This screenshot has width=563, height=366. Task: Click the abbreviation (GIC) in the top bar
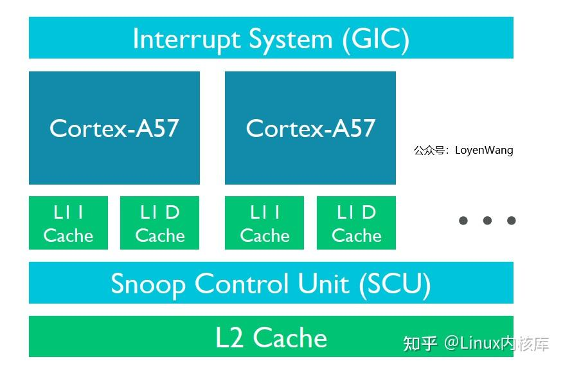click(376, 39)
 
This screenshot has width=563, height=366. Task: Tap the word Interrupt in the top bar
click(187, 39)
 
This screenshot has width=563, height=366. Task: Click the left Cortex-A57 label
click(114, 128)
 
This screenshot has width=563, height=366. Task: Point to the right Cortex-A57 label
click(310, 128)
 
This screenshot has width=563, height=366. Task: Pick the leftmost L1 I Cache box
click(68, 223)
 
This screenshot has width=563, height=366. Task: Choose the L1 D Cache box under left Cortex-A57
click(160, 223)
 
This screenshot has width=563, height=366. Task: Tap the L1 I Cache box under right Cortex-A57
click(265, 223)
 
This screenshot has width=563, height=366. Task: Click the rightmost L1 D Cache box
click(357, 223)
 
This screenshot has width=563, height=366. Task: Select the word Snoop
click(148, 284)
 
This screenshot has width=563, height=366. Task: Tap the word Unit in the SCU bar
click(325, 284)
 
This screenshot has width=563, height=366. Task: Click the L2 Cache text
click(271, 338)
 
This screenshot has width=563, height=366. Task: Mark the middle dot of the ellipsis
click(487, 221)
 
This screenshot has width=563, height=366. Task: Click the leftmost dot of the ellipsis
click(463, 221)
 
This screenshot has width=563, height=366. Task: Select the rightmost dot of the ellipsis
click(512, 221)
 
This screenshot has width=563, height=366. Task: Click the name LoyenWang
click(484, 151)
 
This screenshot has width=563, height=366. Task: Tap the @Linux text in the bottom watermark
click(472, 343)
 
